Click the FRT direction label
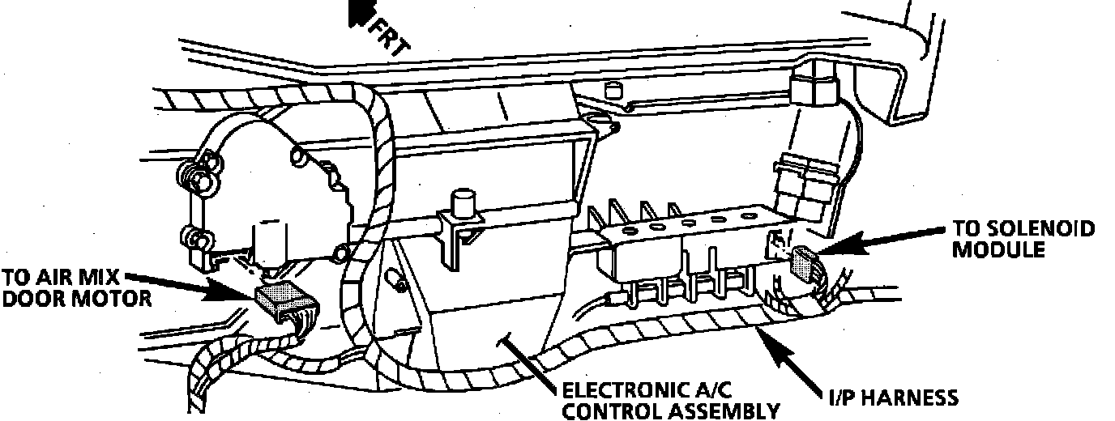(391, 35)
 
